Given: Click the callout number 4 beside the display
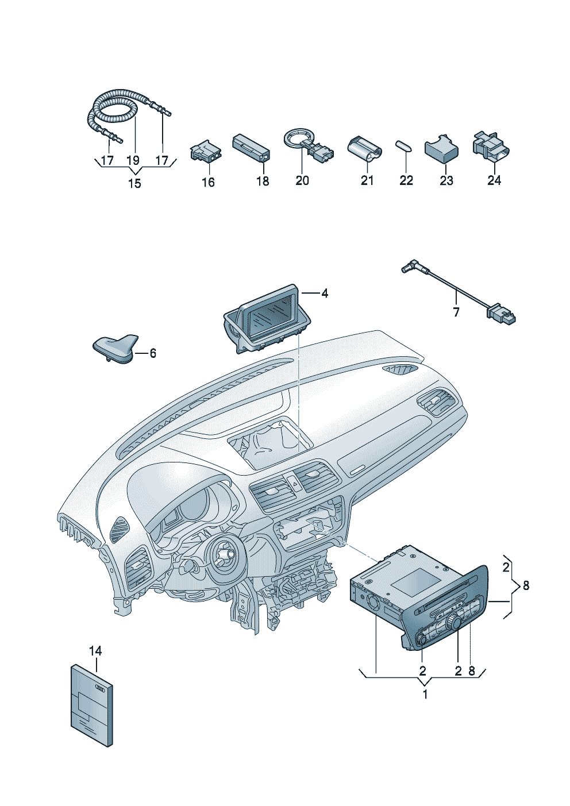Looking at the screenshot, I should tap(325, 294).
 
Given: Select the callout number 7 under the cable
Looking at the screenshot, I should tap(456, 313).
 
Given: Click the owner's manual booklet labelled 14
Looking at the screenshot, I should tap(91, 705).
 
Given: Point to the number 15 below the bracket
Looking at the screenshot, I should tap(134, 184).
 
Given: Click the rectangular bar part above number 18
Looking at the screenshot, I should tap(251, 148).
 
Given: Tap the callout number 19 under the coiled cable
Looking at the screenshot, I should tap(133, 160).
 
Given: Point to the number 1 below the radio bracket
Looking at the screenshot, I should tap(425, 695).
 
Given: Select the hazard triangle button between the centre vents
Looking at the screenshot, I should tap(295, 485).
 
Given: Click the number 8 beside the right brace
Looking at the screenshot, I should tap(526, 586).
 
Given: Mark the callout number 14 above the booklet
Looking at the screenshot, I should tap(95, 651).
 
